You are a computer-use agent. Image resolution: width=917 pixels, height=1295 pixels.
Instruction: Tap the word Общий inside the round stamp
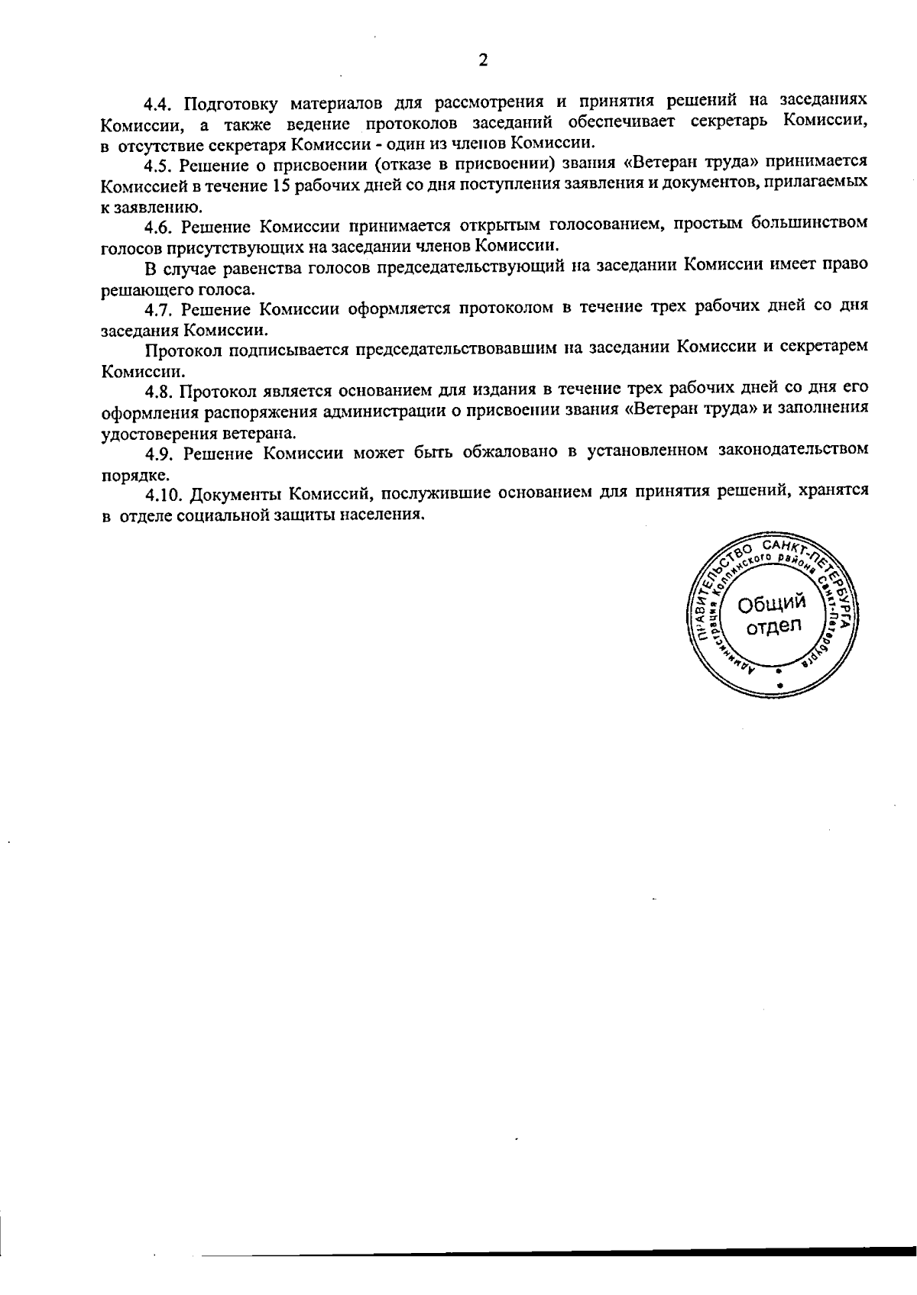(771, 605)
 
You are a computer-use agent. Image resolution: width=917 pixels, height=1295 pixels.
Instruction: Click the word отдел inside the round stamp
(773, 628)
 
